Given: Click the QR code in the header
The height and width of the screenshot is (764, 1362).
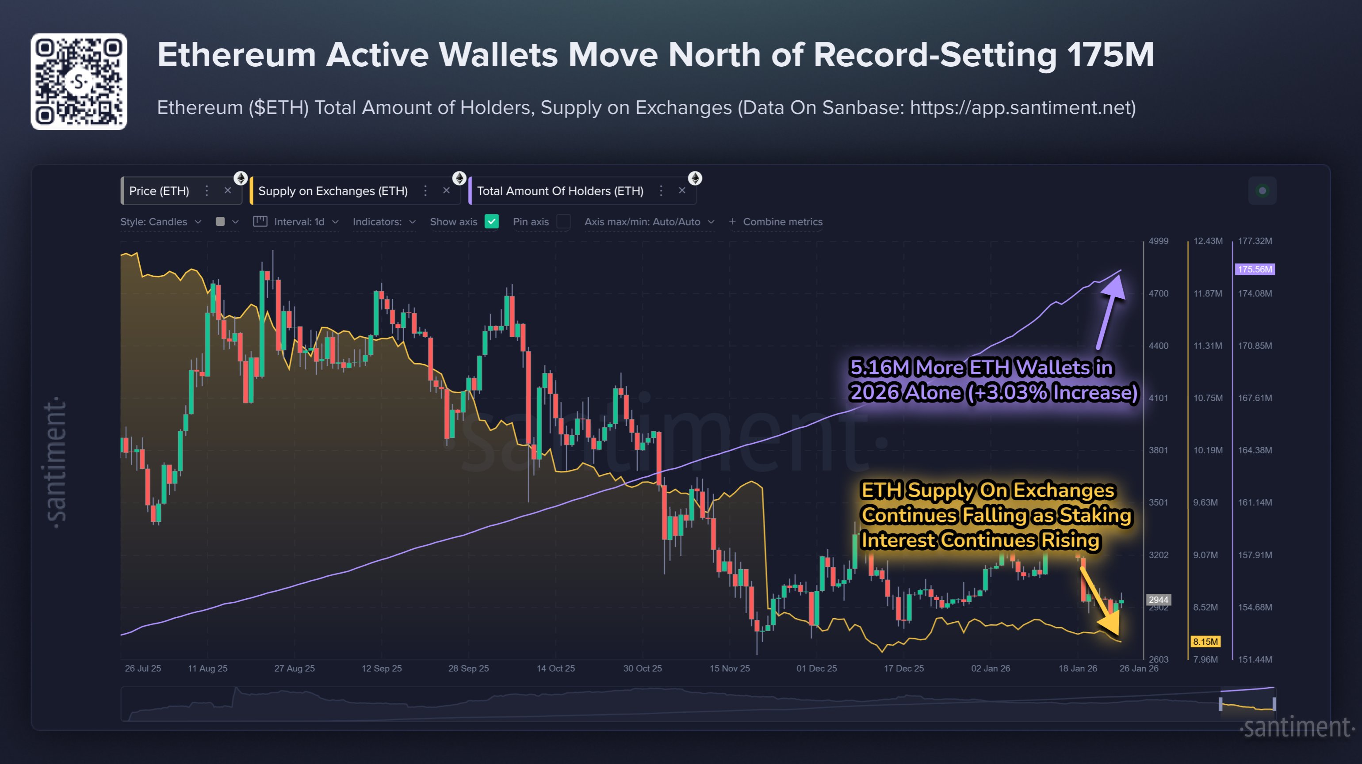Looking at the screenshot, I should [79, 81].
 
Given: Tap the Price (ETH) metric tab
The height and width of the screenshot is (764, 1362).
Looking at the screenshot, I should [159, 191].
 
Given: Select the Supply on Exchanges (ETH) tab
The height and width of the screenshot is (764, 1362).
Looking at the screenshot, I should [333, 191].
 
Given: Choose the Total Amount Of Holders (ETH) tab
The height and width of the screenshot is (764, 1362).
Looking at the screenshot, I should [560, 191].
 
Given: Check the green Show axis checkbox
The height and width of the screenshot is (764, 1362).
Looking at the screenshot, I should [492, 221].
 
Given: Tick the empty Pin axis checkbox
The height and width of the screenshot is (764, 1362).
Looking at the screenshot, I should [564, 221].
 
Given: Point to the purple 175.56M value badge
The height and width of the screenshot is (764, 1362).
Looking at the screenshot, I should [1254, 270].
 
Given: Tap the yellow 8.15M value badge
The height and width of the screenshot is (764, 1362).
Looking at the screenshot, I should [1205, 642].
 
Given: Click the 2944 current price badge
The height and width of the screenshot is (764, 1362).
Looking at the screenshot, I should [1158, 600].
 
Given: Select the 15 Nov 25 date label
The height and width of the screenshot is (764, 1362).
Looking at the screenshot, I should [730, 669].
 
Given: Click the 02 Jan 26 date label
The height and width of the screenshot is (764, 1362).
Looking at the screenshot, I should [990, 669].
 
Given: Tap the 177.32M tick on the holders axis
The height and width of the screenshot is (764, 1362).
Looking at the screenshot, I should [1255, 241].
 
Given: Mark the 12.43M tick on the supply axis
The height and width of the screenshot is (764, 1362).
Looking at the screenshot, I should [1208, 241].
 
